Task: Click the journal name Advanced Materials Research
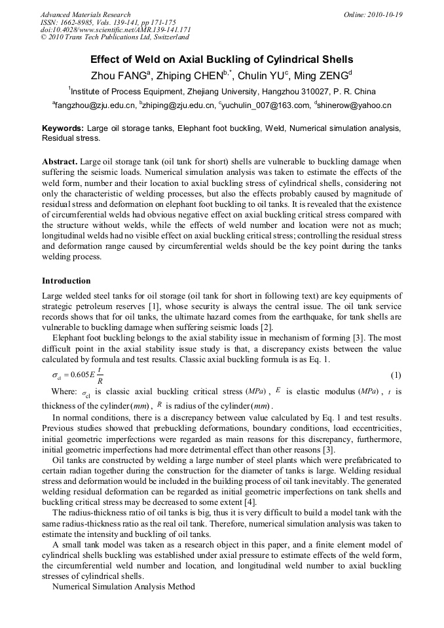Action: click(85, 14)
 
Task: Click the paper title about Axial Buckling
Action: click(221, 59)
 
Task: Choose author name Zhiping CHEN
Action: click(196, 74)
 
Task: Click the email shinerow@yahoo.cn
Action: click(354, 104)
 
